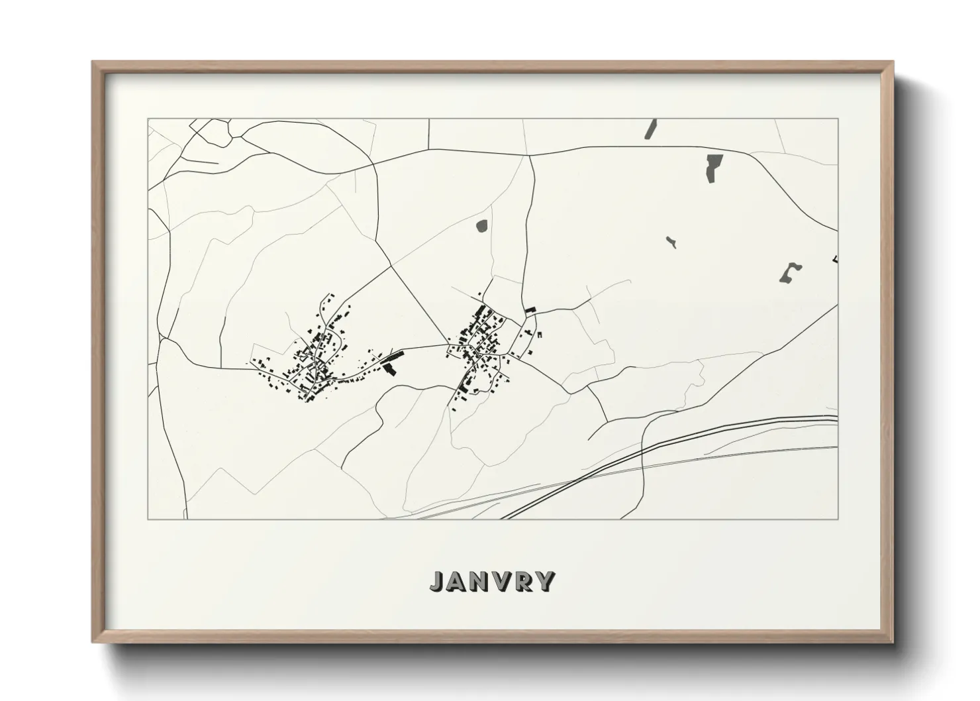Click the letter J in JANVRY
[x=438, y=581]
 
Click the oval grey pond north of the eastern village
[x=481, y=226]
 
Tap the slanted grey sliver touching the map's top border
[x=650, y=129]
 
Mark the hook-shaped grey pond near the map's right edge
[x=789, y=273]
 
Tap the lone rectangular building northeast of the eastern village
[x=530, y=309]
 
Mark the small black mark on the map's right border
[x=836, y=258]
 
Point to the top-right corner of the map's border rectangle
[x=838, y=119]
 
